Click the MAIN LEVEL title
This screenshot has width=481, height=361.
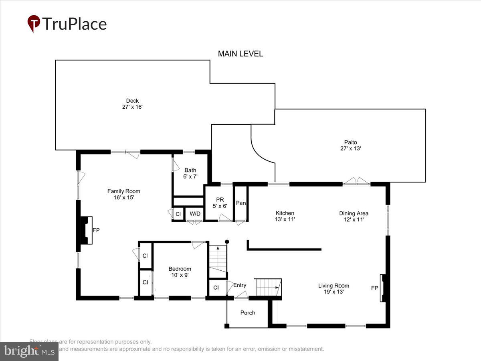pyautogui.click(x=240, y=54)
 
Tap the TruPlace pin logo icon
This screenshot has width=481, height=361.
pyautogui.click(x=34, y=24)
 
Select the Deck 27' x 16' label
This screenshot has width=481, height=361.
pyautogui.click(x=132, y=104)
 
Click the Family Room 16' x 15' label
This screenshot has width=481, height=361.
pyautogui.click(x=123, y=194)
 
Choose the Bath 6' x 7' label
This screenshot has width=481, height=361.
pyautogui.click(x=190, y=173)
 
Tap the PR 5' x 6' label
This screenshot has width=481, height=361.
pyautogui.click(x=220, y=203)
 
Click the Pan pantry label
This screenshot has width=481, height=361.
pyautogui.click(x=240, y=203)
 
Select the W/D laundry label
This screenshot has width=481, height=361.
pyautogui.click(x=195, y=214)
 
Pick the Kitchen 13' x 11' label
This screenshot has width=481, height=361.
pyautogui.click(x=285, y=216)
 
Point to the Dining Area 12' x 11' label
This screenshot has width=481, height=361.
pyautogui.click(x=354, y=216)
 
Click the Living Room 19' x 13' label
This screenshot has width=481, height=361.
pyautogui.click(x=333, y=289)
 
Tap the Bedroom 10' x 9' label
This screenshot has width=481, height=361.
pyautogui.click(x=180, y=272)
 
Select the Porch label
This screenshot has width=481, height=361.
pyautogui.click(x=247, y=312)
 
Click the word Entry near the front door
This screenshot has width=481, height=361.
pyautogui.click(x=240, y=285)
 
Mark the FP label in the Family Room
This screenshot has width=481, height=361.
pyautogui.click(x=96, y=230)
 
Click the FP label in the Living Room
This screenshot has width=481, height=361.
pyautogui.click(x=374, y=288)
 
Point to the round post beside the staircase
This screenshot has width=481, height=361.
pyautogui.click(x=227, y=242)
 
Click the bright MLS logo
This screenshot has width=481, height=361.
pyautogui.click(x=29, y=351)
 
